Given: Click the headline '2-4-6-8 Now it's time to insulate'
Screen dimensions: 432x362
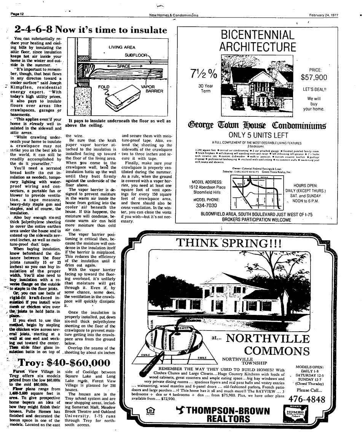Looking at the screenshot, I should point(91,30).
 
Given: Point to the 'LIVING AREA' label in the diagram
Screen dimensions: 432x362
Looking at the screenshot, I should point(122,48).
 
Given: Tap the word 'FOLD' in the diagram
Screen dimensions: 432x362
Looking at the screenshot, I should point(104,87).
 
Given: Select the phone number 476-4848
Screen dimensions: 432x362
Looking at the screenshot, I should point(307,399).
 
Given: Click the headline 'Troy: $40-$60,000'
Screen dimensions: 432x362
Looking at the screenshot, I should point(60,363).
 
